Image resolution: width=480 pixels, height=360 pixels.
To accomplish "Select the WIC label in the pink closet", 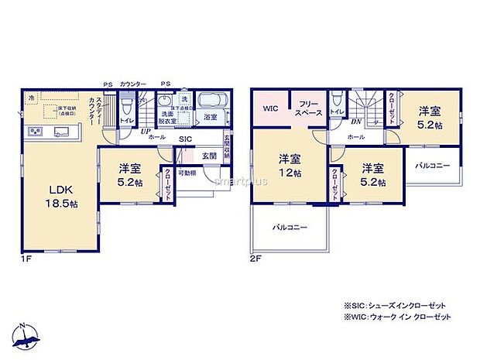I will pos(270,108).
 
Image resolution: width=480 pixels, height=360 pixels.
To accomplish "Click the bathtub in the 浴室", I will pos(210,101).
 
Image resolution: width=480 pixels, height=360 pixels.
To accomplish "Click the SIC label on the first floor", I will pos(185,139).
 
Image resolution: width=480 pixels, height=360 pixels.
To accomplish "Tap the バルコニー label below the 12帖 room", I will pos(290,228).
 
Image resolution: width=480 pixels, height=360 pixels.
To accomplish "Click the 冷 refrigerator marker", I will pos(31,98).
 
